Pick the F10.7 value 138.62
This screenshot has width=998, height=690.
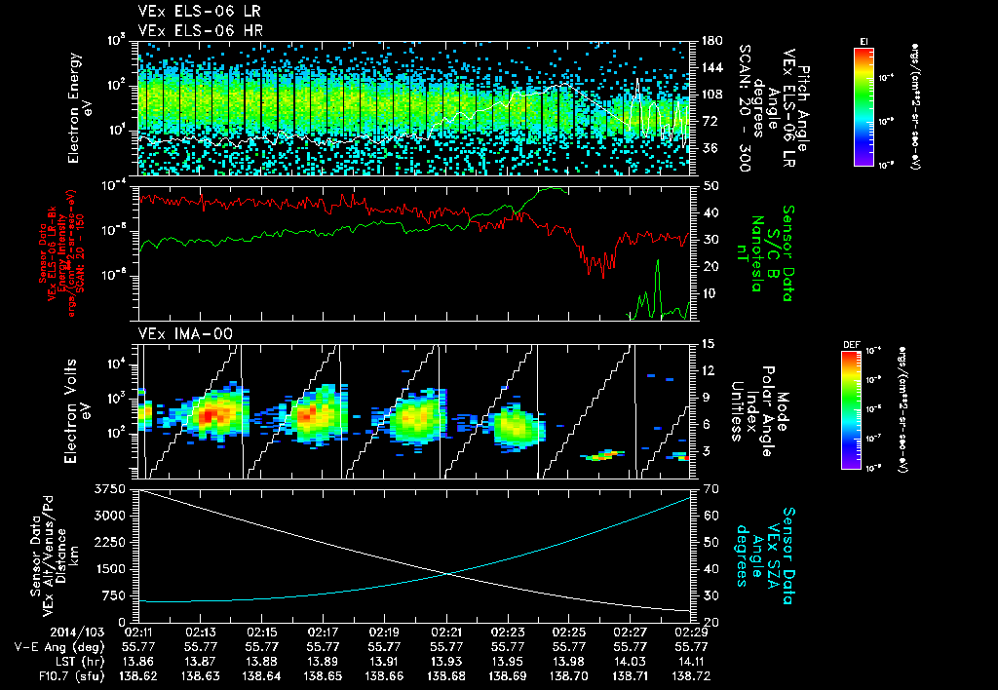point(138,674)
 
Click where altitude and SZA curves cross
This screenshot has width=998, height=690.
point(447,573)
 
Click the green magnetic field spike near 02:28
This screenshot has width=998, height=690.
point(658,263)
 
